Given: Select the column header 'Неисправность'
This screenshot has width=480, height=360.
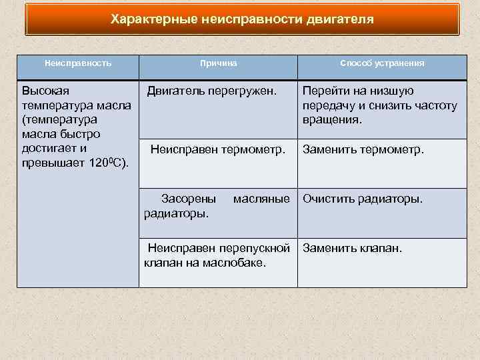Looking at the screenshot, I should click(77, 63).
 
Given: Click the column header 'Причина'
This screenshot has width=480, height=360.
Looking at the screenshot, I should click(218, 63).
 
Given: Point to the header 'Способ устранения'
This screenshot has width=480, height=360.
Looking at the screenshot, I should click(381, 63).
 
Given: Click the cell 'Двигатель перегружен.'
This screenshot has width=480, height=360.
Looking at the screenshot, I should click(211, 91).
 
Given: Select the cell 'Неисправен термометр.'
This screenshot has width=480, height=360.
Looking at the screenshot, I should click(218, 150).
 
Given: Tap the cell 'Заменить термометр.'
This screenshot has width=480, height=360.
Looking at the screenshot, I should click(363, 150).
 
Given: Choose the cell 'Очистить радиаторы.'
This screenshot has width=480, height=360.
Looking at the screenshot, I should click(363, 199).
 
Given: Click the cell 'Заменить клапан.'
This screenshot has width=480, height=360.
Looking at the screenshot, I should click(353, 249).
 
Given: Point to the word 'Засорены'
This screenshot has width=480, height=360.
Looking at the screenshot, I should click(189, 199).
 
